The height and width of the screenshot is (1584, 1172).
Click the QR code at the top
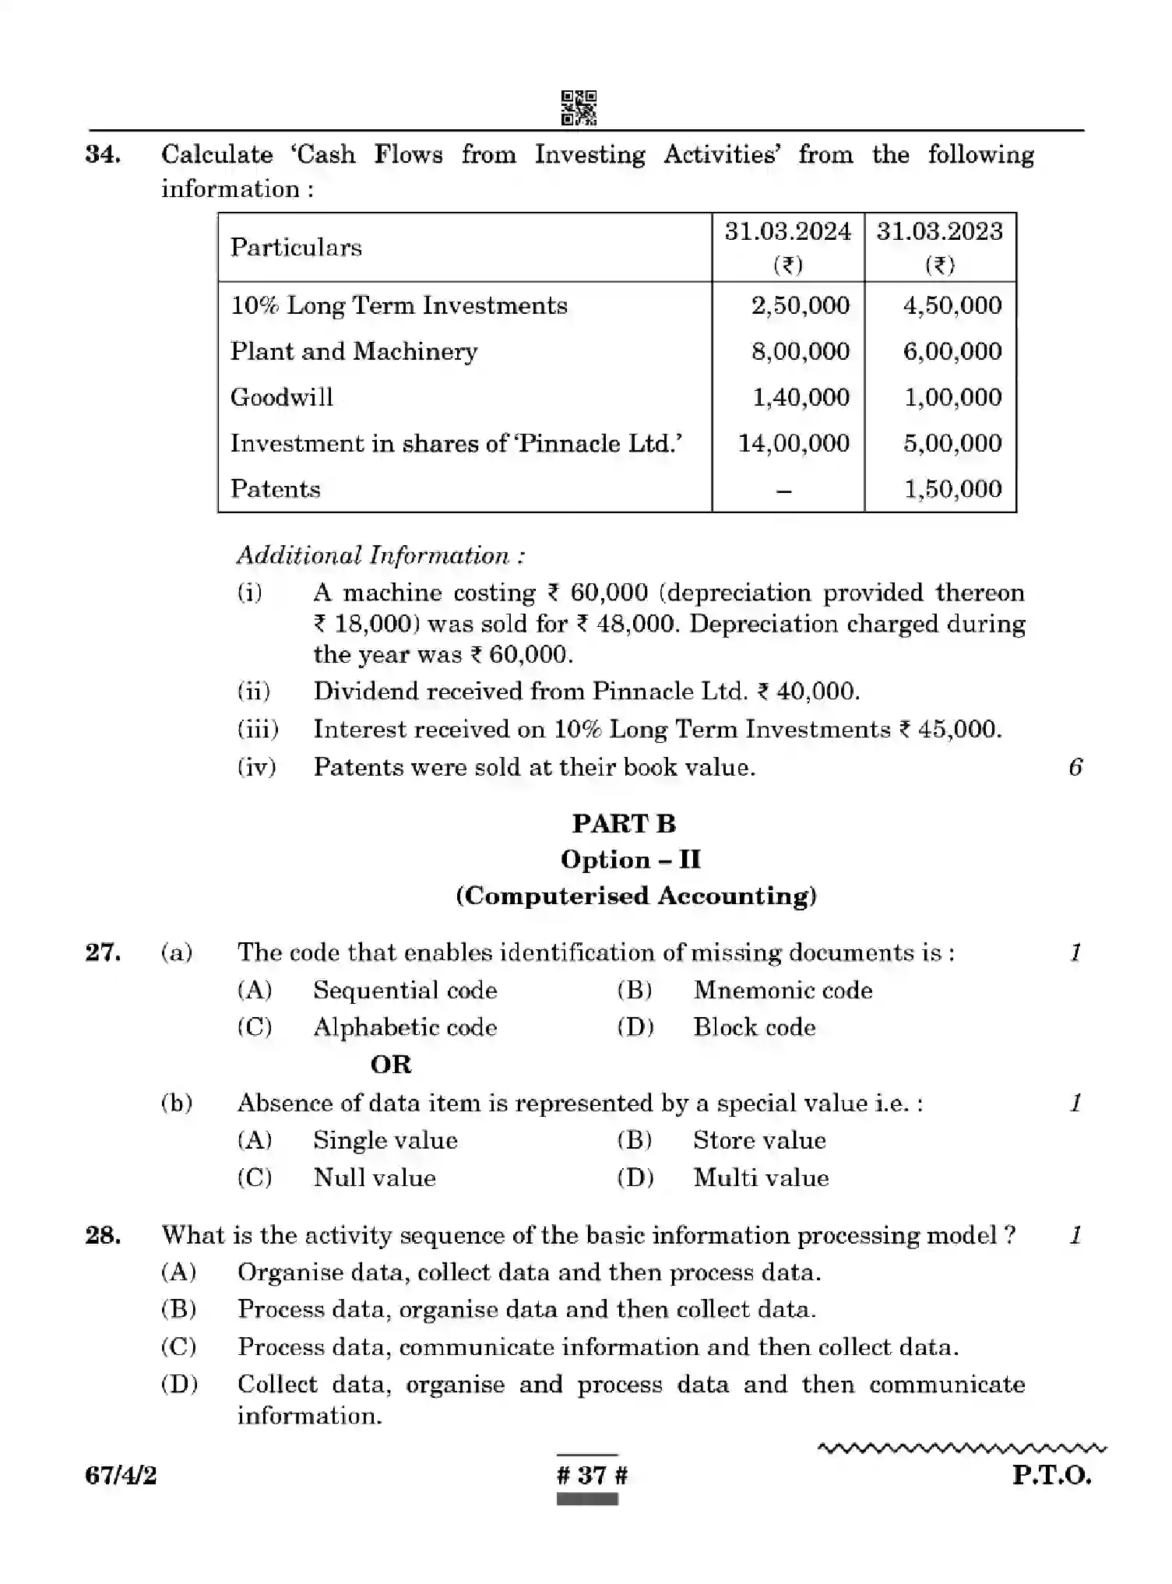click(x=579, y=107)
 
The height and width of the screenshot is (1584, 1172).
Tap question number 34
click(x=103, y=154)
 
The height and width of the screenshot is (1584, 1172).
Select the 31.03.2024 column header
click(x=787, y=232)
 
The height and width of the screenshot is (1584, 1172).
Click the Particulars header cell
click(x=296, y=248)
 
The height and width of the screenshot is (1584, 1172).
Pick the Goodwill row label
click(x=282, y=397)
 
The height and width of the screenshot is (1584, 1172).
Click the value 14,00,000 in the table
click(x=794, y=443)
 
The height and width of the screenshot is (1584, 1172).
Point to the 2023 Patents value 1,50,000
click(x=952, y=489)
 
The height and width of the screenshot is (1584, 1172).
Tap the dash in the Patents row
click(x=785, y=491)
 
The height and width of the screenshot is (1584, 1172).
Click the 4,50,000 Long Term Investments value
click(x=952, y=305)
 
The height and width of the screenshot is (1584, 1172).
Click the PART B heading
click(x=624, y=824)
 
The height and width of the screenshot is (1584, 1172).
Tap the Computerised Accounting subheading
click(x=636, y=896)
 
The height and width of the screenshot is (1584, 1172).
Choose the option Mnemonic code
click(x=783, y=991)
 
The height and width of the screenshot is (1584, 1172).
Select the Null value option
click(x=374, y=1177)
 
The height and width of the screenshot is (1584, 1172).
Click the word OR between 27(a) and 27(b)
click(x=391, y=1065)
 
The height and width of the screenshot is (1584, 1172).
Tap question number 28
click(x=103, y=1235)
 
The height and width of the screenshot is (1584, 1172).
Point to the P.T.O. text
click(x=1051, y=1475)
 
